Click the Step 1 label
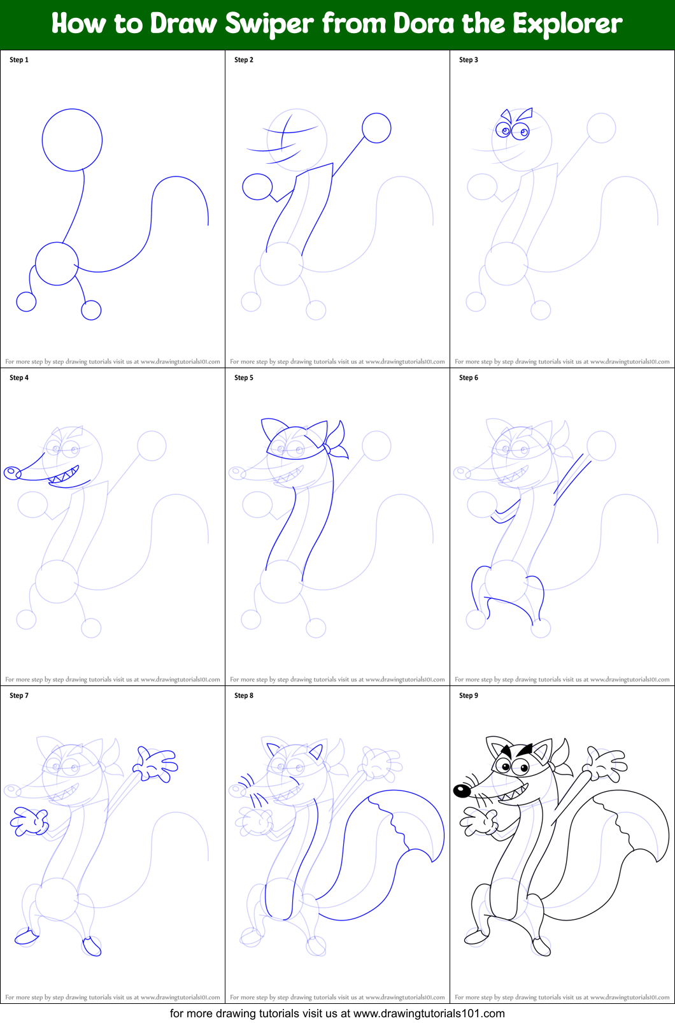pyautogui.click(x=19, y=60)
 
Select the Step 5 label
pyautogui.click(x=244, y=378)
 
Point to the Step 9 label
pyautogui.click(x=469, y=696)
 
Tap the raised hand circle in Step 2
pyautogui.click(x=376, y=128)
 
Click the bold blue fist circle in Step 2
pyautogui.click(x=257, y=187)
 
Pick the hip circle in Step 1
pyautogui.click(x=57, y=264)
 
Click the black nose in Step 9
pyautogui.click(x=462, y=790)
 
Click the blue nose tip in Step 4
pyautogui.click(x=12, y=473)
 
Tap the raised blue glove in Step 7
pyautogui.click(x=154, y=764)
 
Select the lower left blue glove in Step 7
pyautogui.click(x=29, y=822)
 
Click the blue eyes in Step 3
pyautogui.click(x=513, y=131)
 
